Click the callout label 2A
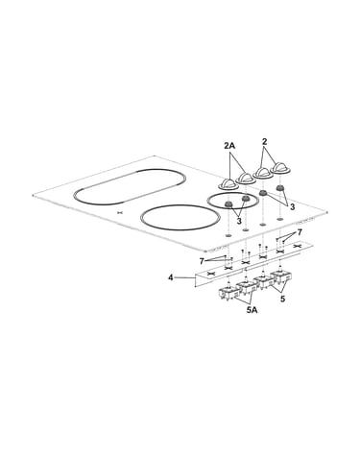229,146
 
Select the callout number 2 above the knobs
264,141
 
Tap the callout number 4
171,277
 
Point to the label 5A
252,310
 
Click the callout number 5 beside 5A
282,299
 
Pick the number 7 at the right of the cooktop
300,232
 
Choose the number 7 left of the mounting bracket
202,261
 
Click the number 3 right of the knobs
292,207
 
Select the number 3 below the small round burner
239,221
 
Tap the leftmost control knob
228,184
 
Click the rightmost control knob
280,168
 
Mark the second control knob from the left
246,178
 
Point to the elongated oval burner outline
130,187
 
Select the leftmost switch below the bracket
228,294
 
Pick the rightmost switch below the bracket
281,276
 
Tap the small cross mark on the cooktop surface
120,212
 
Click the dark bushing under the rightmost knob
280,188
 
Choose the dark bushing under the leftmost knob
228,204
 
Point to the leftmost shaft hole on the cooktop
228,236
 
